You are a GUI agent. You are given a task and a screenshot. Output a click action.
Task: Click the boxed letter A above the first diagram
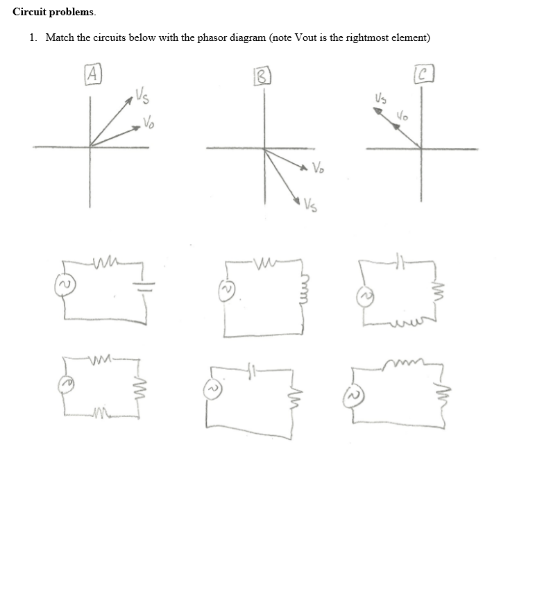(92, 71)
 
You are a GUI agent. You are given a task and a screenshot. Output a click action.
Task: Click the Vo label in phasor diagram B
(318, 167)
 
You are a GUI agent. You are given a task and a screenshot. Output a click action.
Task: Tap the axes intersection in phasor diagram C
(421, 148)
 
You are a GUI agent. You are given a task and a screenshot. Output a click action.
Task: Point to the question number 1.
(32, 37)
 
